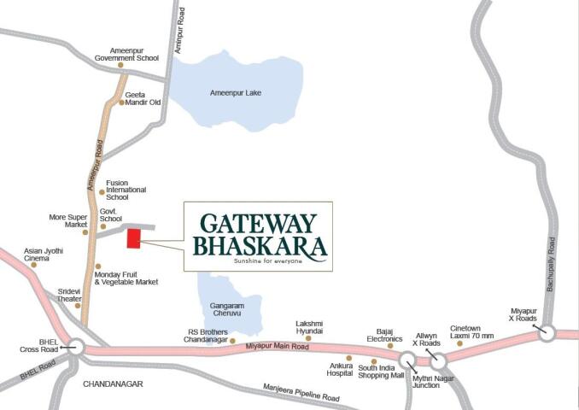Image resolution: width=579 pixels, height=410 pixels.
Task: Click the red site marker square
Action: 134,238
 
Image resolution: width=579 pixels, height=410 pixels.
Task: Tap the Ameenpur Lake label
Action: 235,92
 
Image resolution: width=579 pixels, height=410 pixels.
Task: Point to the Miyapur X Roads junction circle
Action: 547,333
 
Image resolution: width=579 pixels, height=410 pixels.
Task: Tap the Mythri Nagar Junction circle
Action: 407,360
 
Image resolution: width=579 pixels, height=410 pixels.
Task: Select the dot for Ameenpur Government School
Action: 120,65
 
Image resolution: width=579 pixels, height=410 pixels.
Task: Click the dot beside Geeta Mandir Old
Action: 121,102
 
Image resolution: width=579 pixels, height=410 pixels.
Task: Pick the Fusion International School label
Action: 126,190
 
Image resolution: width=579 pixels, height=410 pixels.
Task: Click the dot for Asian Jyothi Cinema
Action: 34,265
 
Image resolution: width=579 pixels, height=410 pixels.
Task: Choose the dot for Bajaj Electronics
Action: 390,346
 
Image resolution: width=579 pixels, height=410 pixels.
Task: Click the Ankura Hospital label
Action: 342,371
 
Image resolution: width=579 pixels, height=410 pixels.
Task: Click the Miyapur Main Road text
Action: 277,346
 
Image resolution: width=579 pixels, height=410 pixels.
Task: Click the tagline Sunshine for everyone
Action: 267,261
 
